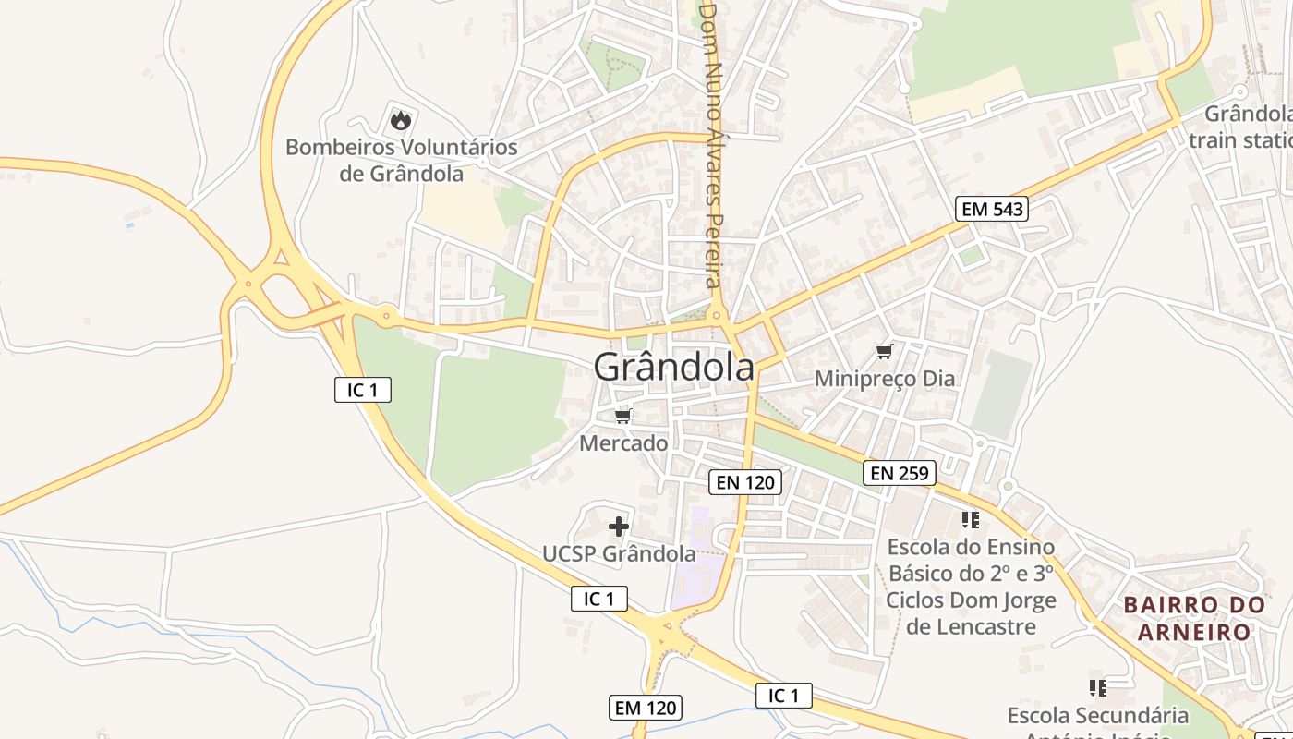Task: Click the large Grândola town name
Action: point(673,368)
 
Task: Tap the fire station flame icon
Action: point(400,120)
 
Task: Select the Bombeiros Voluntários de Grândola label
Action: point(401,160)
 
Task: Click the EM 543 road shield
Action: point(992,209)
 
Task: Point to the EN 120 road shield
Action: point(745,481)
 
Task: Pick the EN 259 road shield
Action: point(900,474)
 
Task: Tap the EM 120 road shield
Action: point(646,708)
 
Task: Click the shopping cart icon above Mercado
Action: point(622,417)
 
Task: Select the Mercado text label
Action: point(623,443)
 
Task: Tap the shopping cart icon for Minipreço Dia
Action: point(884,351)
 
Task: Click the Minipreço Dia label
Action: point(884,379)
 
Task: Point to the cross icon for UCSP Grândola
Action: point(619,527)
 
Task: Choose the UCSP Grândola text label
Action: point(619,553)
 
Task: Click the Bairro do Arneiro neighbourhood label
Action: point(1193,619)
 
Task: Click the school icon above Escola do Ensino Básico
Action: point(970,520)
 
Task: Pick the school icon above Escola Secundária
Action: point(1097,688)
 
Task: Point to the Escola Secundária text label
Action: point(1097,716)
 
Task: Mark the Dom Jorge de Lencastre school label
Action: point(971,587)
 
